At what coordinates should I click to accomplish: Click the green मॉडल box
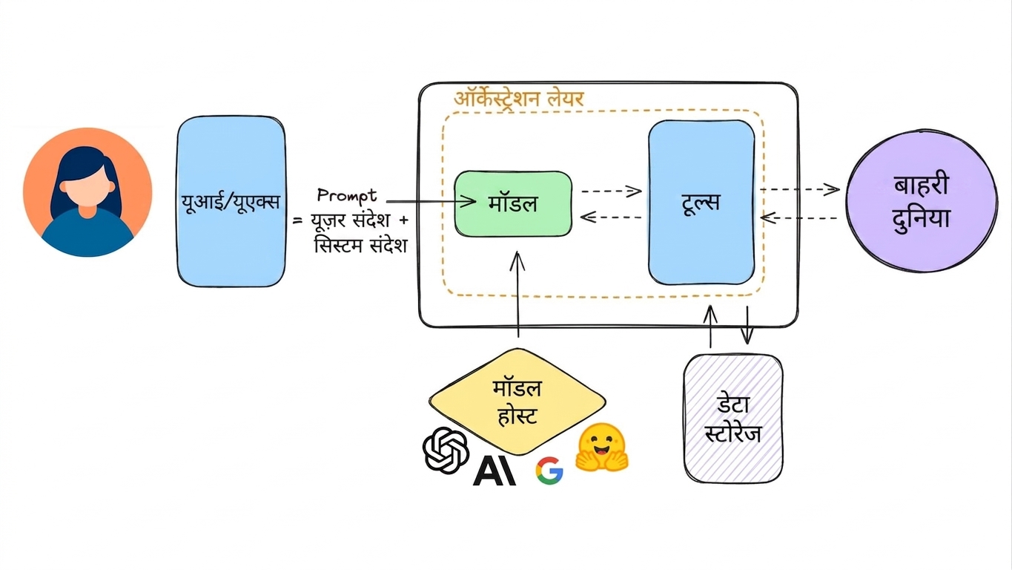(x=513, y=203)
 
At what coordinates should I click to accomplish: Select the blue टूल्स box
(x=701, y=202)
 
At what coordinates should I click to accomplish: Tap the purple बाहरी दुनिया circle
(x=922, y=200)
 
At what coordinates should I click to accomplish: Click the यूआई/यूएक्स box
(x=231, y=201)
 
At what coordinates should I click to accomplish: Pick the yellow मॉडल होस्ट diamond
(x=517, y=402)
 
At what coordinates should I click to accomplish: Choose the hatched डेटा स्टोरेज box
(x=733, y=419)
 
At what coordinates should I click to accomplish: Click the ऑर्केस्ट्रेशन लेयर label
(x=519, y=98)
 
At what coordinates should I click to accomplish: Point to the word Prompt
(x=347, y=195)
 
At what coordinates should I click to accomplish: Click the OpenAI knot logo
(x=446, y=451)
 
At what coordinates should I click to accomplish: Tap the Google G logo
(x=549, y=471)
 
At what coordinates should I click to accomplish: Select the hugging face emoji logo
(x=601, y=448)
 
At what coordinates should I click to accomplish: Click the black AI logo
(x=495, y=471)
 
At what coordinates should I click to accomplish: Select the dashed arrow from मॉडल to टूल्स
(x=611, y=191)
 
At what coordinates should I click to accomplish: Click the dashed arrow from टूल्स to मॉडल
(x=611, y=217)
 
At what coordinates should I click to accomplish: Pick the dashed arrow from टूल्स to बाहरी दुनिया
(x=800, y=189)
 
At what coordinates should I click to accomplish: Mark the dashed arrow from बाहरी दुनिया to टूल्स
(x=798, y=217)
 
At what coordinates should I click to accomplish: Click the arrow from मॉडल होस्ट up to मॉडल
(x=517, y=295)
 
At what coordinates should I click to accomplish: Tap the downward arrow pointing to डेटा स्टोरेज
(x=747, y=325)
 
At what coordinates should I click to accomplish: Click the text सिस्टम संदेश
(x=360, y=246)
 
